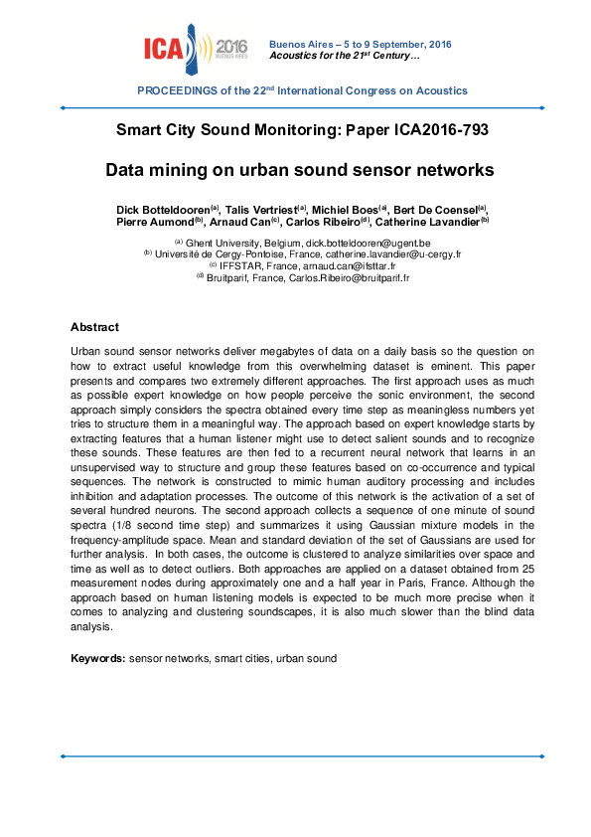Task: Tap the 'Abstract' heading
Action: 94,327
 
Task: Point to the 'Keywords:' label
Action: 97,658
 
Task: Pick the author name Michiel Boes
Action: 344,211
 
